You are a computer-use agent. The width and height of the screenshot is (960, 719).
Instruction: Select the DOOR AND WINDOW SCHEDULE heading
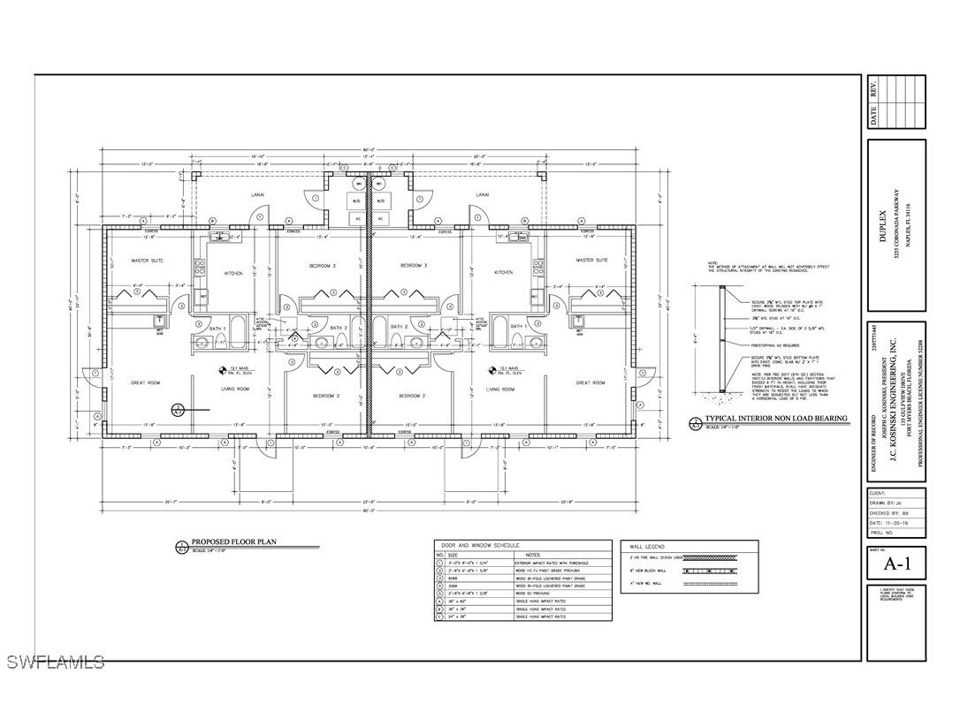pyautogui.click(x=477, y=545)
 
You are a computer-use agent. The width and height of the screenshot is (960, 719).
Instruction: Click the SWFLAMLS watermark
pyautogui.click(x=55, y=661)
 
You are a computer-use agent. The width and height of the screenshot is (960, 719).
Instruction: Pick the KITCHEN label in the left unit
pyautogui.click(x=233, y=273)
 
